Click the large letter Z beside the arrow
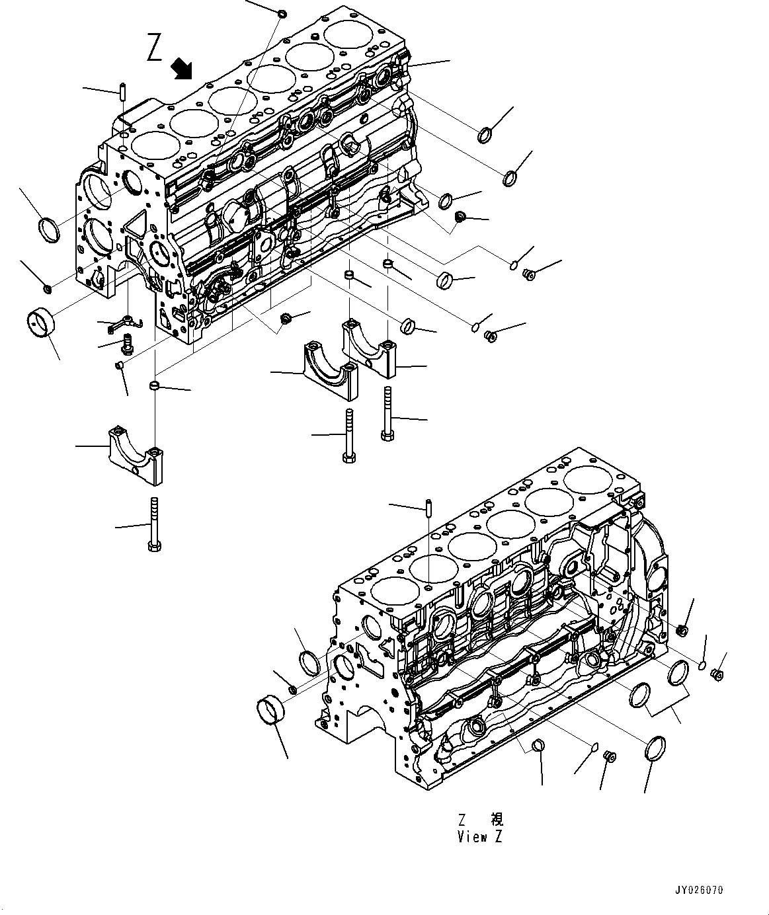[154, 49]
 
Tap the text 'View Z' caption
[479, 836]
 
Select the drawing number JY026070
[700, 891]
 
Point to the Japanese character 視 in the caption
[497, 819]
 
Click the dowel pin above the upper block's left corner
[123, 90]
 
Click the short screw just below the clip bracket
[128, 342]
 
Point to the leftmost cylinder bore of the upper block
[151, 144]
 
